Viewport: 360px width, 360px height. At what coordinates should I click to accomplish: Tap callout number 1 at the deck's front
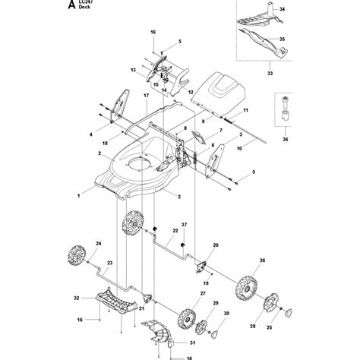[x=77, y=196]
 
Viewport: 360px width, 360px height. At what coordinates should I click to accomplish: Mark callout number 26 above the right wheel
[x=263, y=261]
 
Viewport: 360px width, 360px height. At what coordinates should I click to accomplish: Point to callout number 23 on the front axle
[x=110, y=263]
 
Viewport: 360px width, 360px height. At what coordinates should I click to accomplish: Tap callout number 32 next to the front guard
[x=76, y=298]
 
